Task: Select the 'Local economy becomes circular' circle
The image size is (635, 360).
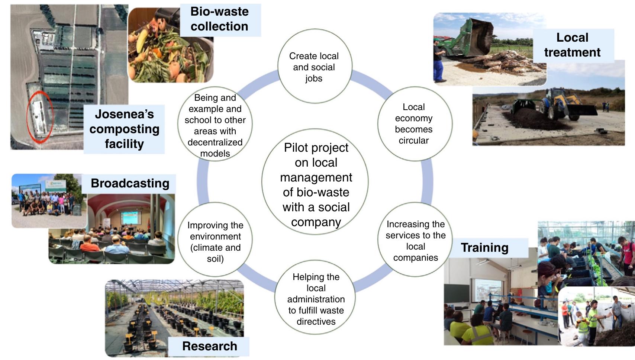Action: [414, 123]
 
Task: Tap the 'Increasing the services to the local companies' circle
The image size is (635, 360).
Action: [415, 240]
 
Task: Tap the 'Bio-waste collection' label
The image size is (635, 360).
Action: [220, 19]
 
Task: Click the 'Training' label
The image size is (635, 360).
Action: [484, 248]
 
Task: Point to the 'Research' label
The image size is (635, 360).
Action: [209, 346]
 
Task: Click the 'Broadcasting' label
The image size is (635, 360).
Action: [130, 183]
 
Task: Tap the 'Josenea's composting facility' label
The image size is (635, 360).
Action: [124, 129]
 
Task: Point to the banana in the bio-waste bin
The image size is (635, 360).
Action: [142, 42]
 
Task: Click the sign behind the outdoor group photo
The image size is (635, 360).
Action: [56, 185]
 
